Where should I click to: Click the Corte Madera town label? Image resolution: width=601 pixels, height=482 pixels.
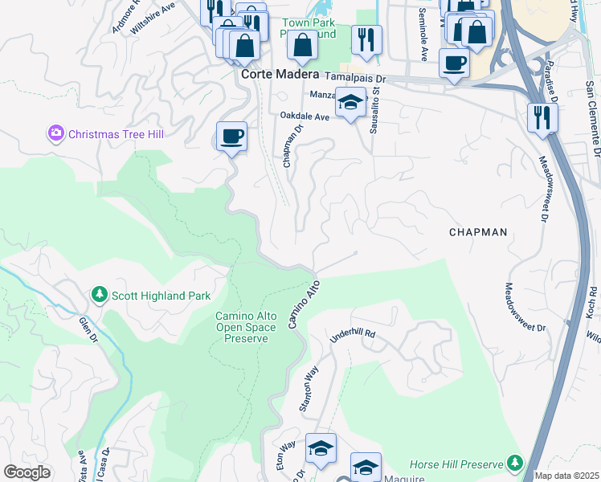pyautogui.click(x=280, y=74)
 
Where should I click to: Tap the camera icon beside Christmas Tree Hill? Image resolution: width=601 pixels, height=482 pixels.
pyautogui.click(x=56, y=133)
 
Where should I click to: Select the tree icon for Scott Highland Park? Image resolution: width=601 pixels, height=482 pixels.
pyautogui.click(x=100, y=295)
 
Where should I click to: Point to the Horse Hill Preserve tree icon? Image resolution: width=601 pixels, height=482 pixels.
pyautogui.click(x=514, y=464)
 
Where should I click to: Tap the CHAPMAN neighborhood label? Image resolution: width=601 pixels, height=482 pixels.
pyautogui.click(x=478, y=232)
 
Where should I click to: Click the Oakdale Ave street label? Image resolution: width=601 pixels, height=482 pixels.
pyautogui.click(x=305, y=116)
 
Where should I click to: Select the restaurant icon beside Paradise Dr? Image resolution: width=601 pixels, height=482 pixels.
pyautogui.click(x=543, y=117)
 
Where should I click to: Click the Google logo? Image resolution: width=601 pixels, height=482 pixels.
pyautogui.click(x=27, y=472)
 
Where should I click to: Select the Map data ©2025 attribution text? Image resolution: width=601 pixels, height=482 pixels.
pyautogui.click(x=566, y=476)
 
